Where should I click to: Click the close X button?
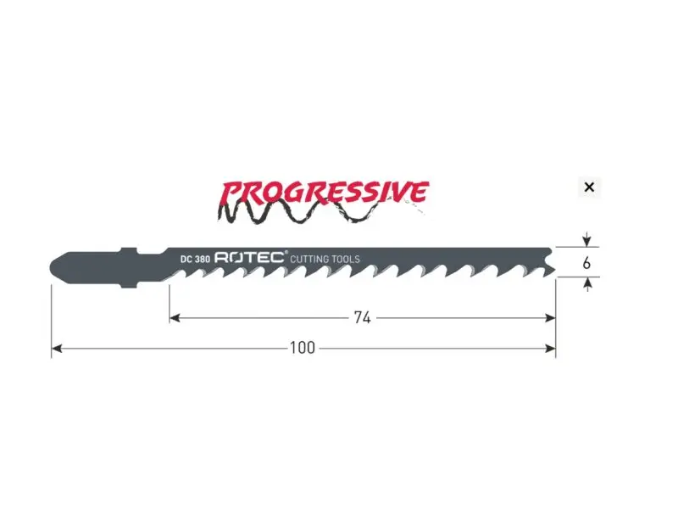pos(589,187)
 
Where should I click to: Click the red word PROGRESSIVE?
pos(325,193)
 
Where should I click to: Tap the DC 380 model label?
pos(195,260)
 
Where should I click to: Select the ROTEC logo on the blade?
pos(249,257)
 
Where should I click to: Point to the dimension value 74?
pos(363,317)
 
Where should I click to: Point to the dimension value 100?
pos(303,348)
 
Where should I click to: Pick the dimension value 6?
pos(586,263)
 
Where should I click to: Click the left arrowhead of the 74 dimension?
pos(175,318)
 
